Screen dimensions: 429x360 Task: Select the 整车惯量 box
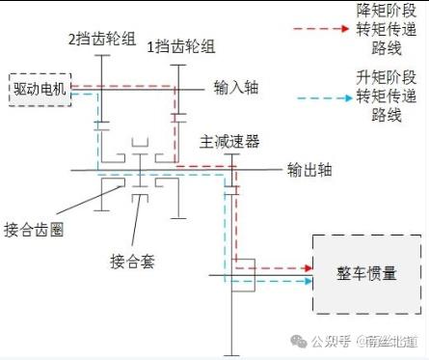tap(367, 274)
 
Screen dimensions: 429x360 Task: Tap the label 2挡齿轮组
tap(102, 39)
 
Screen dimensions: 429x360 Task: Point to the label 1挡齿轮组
tap(181, 47)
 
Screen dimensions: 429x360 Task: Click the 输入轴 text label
tap(236, 88)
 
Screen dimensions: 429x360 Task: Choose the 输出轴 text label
tap(309, 170)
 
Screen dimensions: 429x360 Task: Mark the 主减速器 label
tap(229, 142)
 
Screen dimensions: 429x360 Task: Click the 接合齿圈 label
tap(34, 230)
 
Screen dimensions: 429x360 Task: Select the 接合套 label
tap(132, 262)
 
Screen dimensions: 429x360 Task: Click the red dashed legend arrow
tap(321, 29)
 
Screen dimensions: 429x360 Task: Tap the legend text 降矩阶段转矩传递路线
tap(387, 30)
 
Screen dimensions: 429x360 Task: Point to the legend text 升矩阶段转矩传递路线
tap(387, 96)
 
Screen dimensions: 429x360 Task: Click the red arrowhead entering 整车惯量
tap(308, 268)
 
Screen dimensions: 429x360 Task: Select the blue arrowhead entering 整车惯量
tap(308, 282)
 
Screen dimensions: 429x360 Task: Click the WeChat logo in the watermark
tap(299, 341)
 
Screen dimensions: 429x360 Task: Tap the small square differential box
tap(243, 275)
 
